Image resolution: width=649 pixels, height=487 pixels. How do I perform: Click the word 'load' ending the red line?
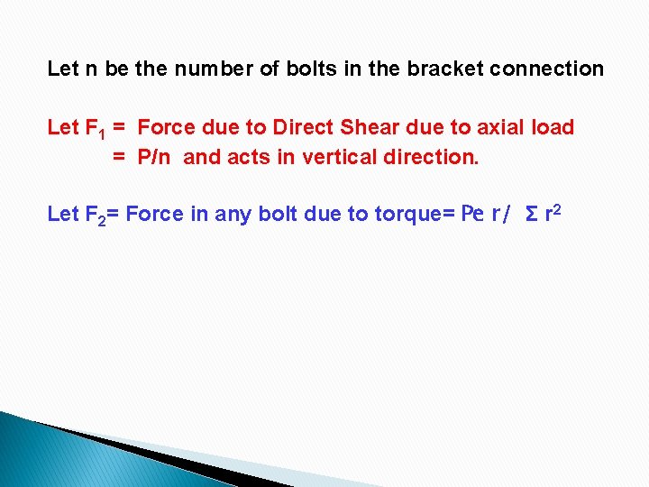[553, 127]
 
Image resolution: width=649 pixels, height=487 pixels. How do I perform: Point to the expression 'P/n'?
[154, 158]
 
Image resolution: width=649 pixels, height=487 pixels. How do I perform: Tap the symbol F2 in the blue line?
[94, 215]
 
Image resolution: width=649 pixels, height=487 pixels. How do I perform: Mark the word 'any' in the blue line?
[231, 215]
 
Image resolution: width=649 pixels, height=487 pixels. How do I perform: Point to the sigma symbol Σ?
[532, 215]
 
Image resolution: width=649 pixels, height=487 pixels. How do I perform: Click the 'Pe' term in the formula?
[472, 215]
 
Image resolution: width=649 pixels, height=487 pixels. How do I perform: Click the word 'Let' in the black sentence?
[63, 69]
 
